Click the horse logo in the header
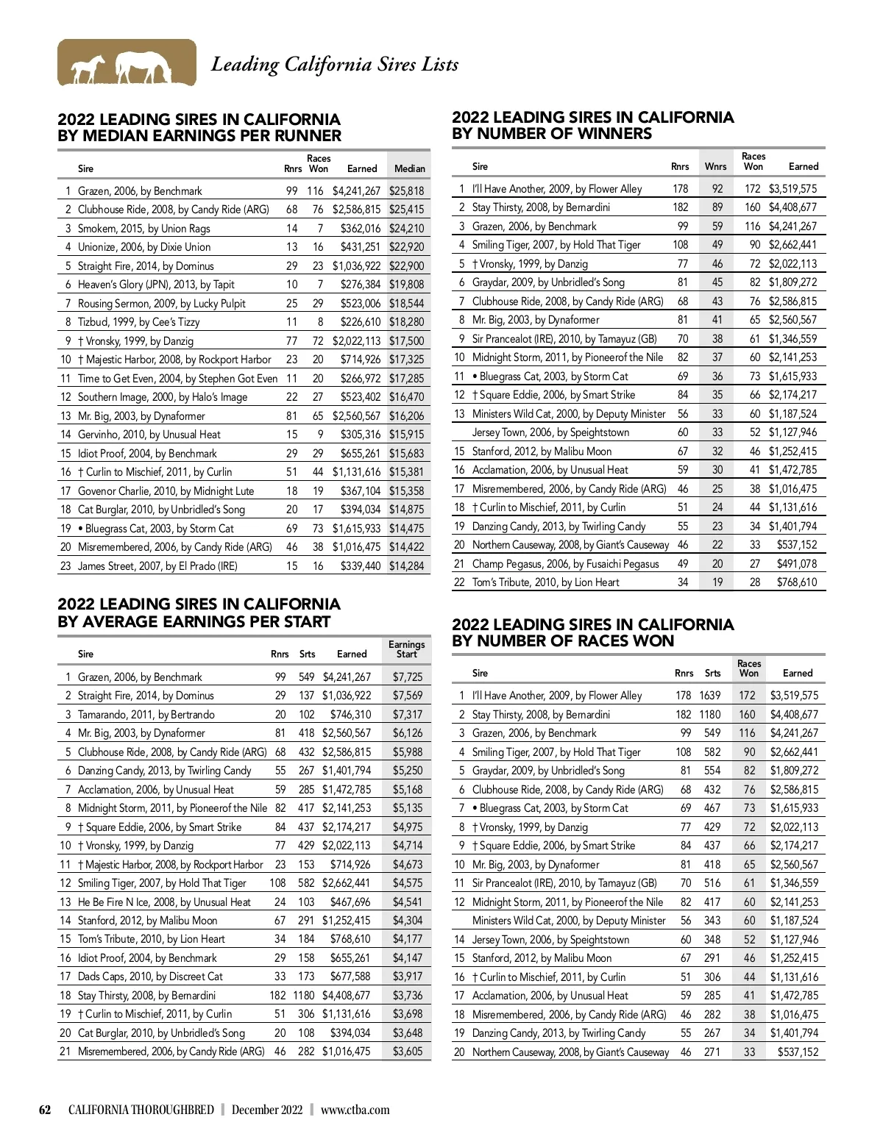tap(127, 63)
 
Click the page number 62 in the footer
tap(45, 1110)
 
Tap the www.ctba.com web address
tap(355, 1110)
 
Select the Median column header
tap(410, 168)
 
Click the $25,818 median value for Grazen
tap(406, 190)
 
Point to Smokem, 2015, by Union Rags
tap(144, 228)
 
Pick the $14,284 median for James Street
tap(406, 565)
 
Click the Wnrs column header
tap(715, 166)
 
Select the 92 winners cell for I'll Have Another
tap(717, 188)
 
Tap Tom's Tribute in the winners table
tap(545, 582)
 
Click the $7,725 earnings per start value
tap(408, 677)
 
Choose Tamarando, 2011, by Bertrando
tap(146, 714)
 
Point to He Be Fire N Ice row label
tap(164, 902)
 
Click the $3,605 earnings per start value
tap(408, 1051)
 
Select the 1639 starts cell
tap(710, 695)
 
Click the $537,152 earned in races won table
tap(798, 1052)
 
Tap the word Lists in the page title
tap(440, 65)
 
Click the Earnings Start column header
tap(406, 649)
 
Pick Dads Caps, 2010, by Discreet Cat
tap(150, 977)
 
